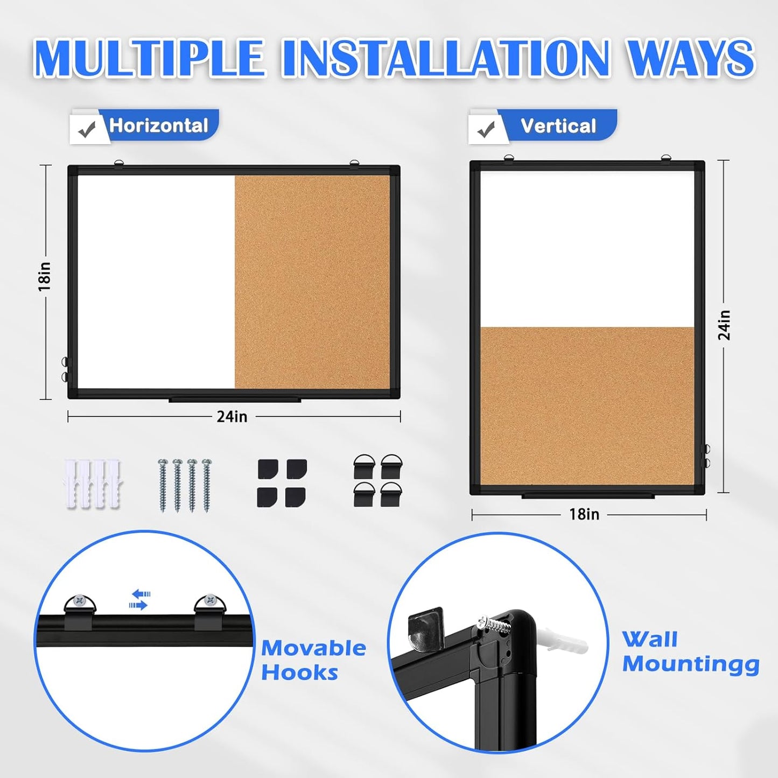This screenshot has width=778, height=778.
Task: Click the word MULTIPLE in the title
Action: tap(149, 58)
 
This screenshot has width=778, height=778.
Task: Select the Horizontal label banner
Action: tap(158, 125)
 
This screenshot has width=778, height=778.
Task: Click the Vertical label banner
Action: tap(558, 126)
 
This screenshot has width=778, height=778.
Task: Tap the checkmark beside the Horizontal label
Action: tap(87, 129)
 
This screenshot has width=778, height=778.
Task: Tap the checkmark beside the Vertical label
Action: tap(486, 129)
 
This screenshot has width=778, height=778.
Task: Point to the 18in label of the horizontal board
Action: tap(45, 277)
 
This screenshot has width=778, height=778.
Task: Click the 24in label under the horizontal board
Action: tap(232, 417)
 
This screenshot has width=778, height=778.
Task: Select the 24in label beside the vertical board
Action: tap(725, 325)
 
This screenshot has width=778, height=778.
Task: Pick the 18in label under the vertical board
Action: tap(584, 515)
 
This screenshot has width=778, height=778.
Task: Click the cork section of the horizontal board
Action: tap(312, 282)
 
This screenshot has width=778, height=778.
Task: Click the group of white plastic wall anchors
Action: tap(93, 483)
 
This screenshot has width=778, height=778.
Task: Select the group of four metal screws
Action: tap(185, 485)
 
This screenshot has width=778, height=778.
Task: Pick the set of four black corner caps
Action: tap(282, 483)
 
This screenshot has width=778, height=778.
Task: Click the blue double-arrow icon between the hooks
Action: tap(140, 599)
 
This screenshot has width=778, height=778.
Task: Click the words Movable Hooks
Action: tap(313, 660)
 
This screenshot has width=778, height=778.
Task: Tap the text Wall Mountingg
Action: tap(690, 652)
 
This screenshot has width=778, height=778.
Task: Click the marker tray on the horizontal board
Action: tap(234, 400)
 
